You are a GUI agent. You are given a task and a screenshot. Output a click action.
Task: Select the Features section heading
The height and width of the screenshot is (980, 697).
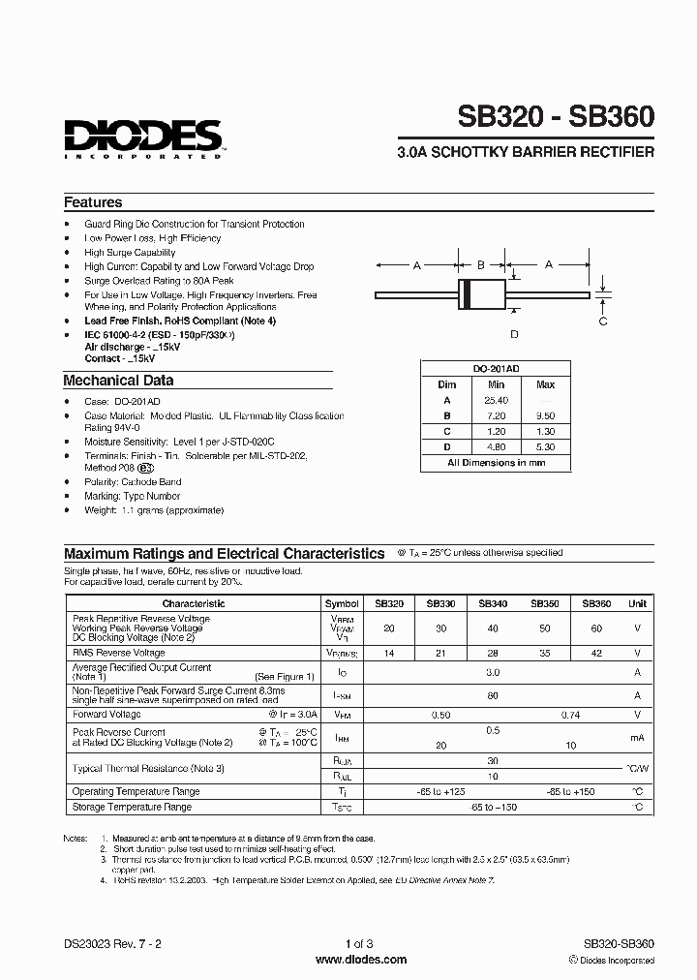[x=93, y=203]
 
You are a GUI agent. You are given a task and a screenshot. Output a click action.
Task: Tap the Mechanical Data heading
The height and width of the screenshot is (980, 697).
[x=118, y=381]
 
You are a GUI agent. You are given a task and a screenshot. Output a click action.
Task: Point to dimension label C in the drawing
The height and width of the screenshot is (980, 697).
[x=603, y=322]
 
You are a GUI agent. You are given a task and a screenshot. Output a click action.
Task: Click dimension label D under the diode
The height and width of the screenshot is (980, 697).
[x=514, y=334]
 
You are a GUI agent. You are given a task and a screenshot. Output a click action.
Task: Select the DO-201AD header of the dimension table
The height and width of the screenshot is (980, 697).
[x=495, y=369]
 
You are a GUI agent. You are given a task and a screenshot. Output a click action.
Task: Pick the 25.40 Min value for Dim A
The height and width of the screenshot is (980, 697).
[x=495, y=399]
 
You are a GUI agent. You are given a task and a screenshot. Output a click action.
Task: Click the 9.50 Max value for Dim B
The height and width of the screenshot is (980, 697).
[x=545, y=414]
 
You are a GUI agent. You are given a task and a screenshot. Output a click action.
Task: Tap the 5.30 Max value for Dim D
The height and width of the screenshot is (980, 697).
[x=545, y=446]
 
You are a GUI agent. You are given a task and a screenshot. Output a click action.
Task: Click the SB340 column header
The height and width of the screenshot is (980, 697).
[x=493, y=603]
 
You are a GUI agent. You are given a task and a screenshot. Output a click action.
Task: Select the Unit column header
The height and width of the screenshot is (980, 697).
[x=637, y=603]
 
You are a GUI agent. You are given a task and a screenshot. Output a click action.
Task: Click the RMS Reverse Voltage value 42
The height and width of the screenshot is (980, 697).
[x=596, y=654]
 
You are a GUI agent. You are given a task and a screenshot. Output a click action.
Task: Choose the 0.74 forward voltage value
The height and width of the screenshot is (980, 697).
[x=570, y=715]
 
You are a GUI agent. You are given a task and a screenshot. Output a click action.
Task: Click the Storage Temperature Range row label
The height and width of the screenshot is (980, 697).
[x=132, y=807]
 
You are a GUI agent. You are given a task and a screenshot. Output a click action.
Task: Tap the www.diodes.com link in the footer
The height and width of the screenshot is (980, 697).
[x=361, y=960]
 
